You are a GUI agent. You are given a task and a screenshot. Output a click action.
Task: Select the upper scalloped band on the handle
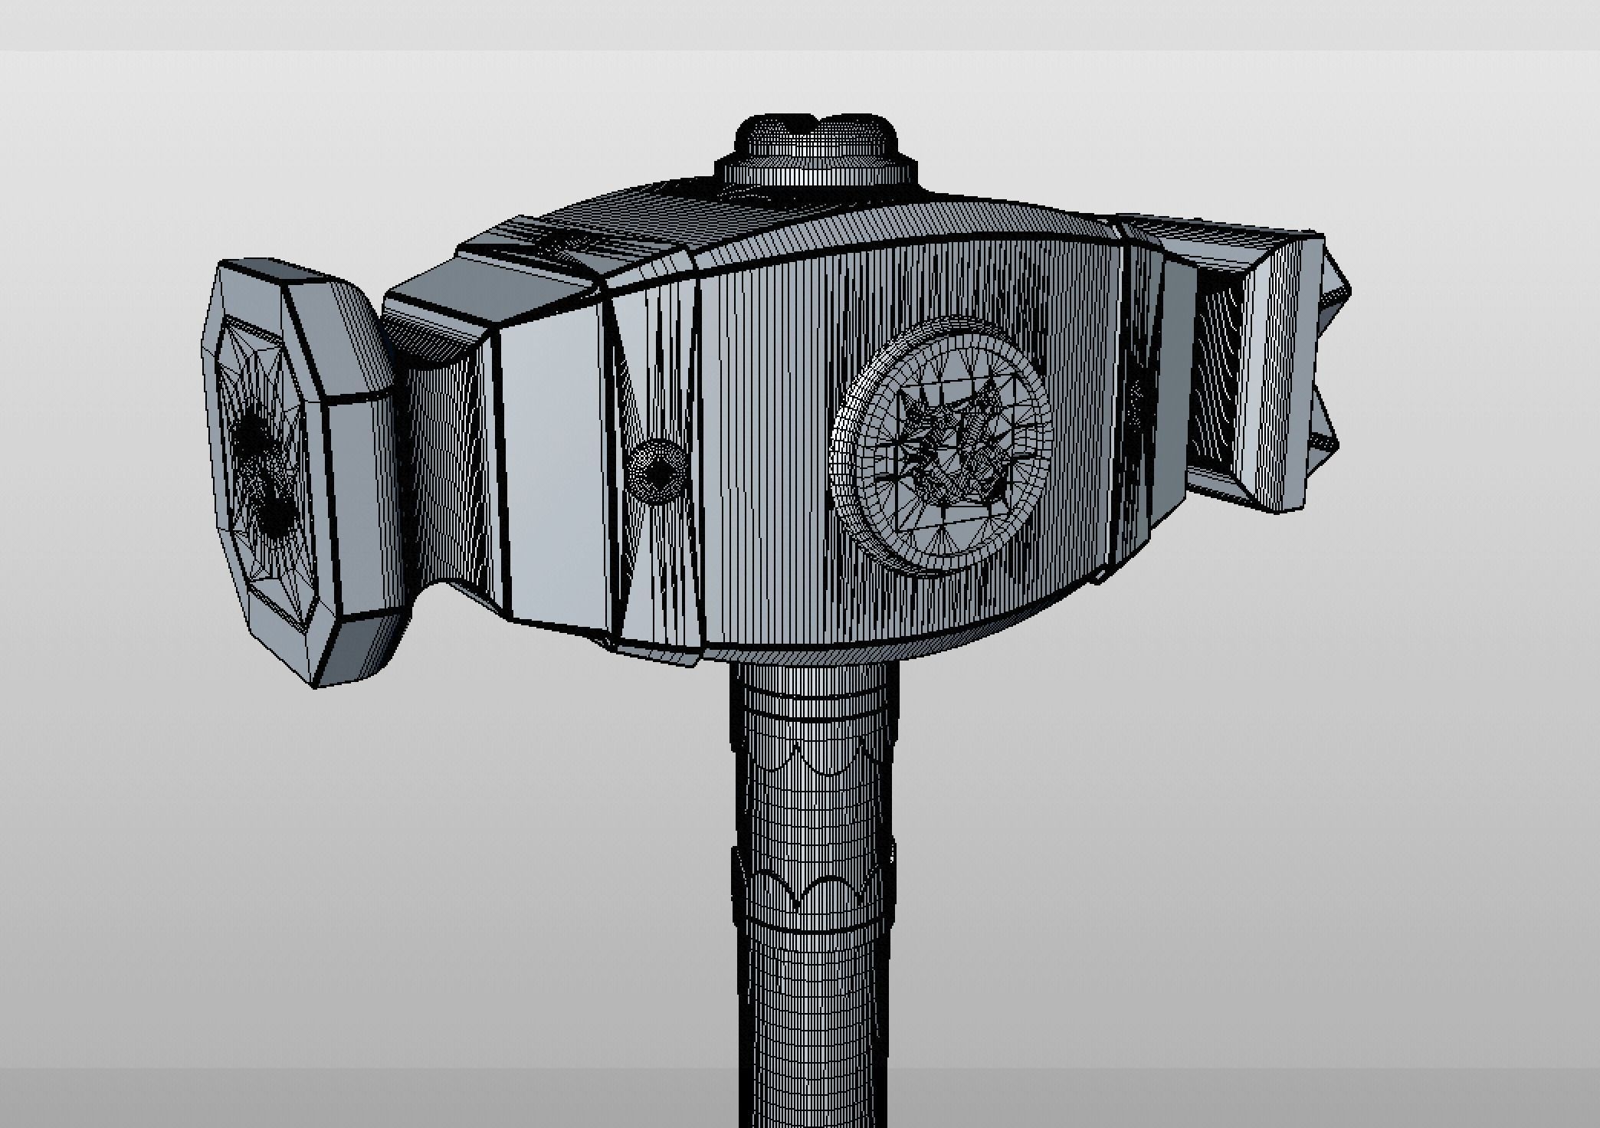click(x=814, y=755)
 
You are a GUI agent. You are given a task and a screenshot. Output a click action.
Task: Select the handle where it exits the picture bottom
click(x=814, y=1103)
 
